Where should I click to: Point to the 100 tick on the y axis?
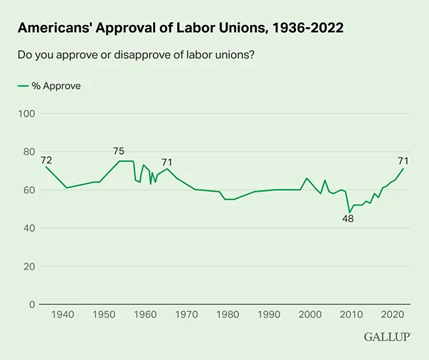click(x=26, y=114)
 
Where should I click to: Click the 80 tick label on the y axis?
click(x=29, y=152)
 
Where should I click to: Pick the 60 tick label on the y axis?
click(x=29, y=190)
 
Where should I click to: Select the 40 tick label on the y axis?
click(x=29, y=228)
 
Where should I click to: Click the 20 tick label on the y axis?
click(x=29, y=266)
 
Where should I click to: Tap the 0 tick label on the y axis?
click(x=31, y=304)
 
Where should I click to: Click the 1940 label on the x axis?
click(x=63, y=316)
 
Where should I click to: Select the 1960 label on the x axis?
click(x=145, y=316)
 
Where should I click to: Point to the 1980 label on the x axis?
click(x=228, y=316)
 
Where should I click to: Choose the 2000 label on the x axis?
click(x=310, y=316)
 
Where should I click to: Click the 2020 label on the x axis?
click(x=393, y=316)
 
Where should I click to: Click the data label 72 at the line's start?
click(x=46, y=160)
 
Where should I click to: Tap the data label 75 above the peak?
click(x=119, y=151)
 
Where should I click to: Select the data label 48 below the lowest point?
click(x=347, y=220)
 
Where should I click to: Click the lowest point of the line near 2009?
click(x=350, y=213)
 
